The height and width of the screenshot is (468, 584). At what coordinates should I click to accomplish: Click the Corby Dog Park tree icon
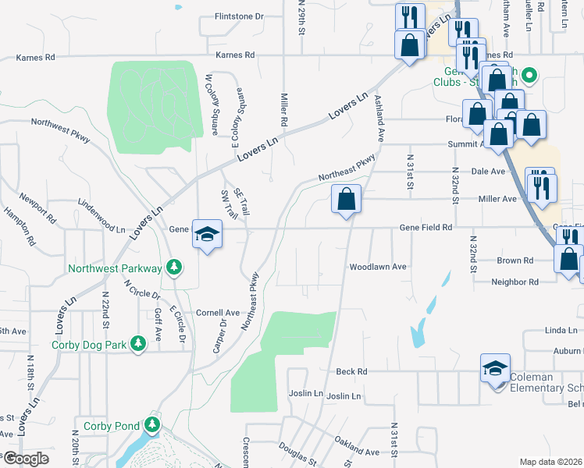[138, 344]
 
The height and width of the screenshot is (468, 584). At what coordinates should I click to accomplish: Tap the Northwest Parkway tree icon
[175, 268]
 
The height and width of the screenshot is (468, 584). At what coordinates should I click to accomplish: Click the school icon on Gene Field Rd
[208, 234]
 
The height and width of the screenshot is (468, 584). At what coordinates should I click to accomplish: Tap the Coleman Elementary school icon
[495, 367]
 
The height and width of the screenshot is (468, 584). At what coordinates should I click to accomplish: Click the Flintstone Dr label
[240, 16]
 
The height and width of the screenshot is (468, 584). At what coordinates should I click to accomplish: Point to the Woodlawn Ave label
[378, 267]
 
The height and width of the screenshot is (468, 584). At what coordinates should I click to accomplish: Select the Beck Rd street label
[351, 372]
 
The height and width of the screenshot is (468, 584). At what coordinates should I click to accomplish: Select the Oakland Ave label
[357, 447]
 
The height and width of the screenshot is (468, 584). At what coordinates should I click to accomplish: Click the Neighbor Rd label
[515, 282]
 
